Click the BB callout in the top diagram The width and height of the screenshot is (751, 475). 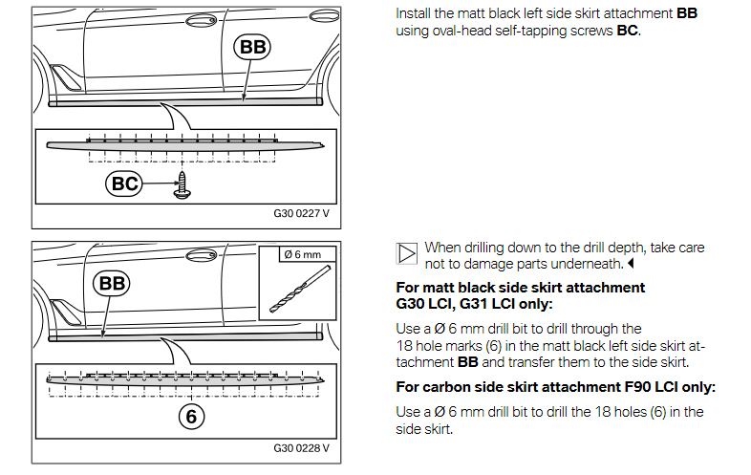pos(253,47)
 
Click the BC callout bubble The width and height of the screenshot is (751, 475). pos(125,184)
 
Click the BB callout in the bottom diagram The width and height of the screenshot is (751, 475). pos(112,284)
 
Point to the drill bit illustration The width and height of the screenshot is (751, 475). pos(295,287)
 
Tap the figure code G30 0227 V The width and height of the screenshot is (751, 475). pos(301,213)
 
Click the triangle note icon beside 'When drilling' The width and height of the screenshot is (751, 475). pos(406,253)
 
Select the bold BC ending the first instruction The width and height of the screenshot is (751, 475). pos(627,32)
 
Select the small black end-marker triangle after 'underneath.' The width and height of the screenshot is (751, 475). pos(632,263)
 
